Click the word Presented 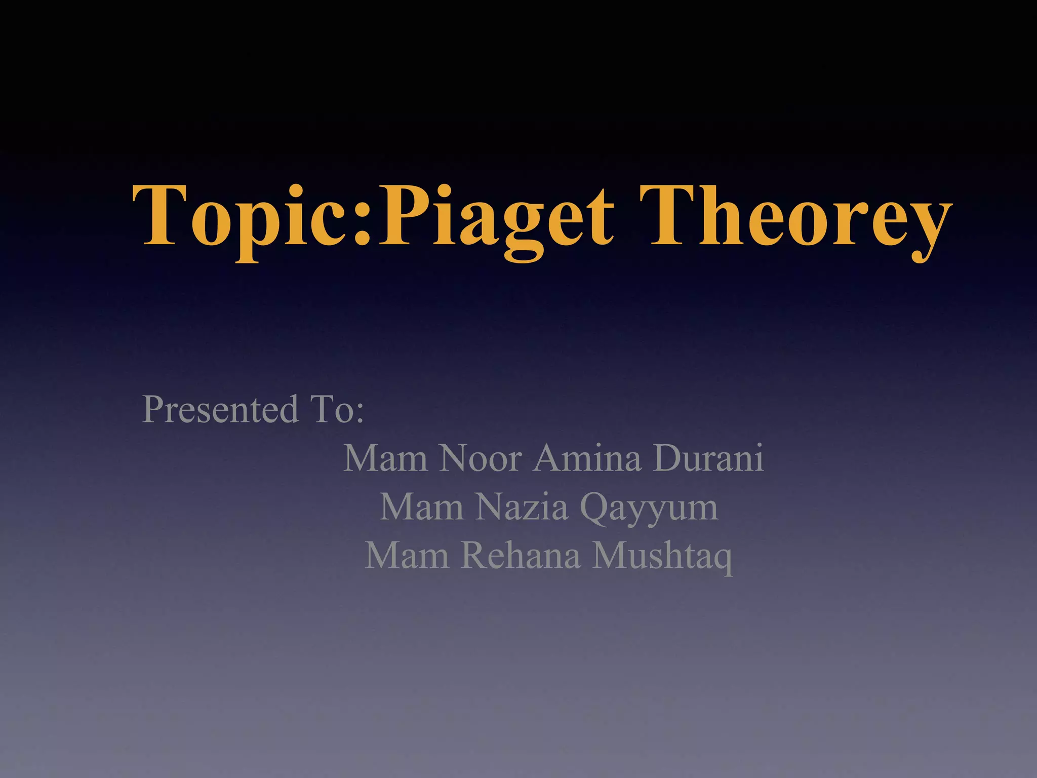coord(220,409)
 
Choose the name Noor coord(481,458)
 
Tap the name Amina coord(587,458)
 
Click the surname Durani coord(708,458)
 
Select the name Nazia coord(522,507)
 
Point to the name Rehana coord(521,556)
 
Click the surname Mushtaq coord(662,556)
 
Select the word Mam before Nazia coord(422,507)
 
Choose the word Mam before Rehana coord(407,556)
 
